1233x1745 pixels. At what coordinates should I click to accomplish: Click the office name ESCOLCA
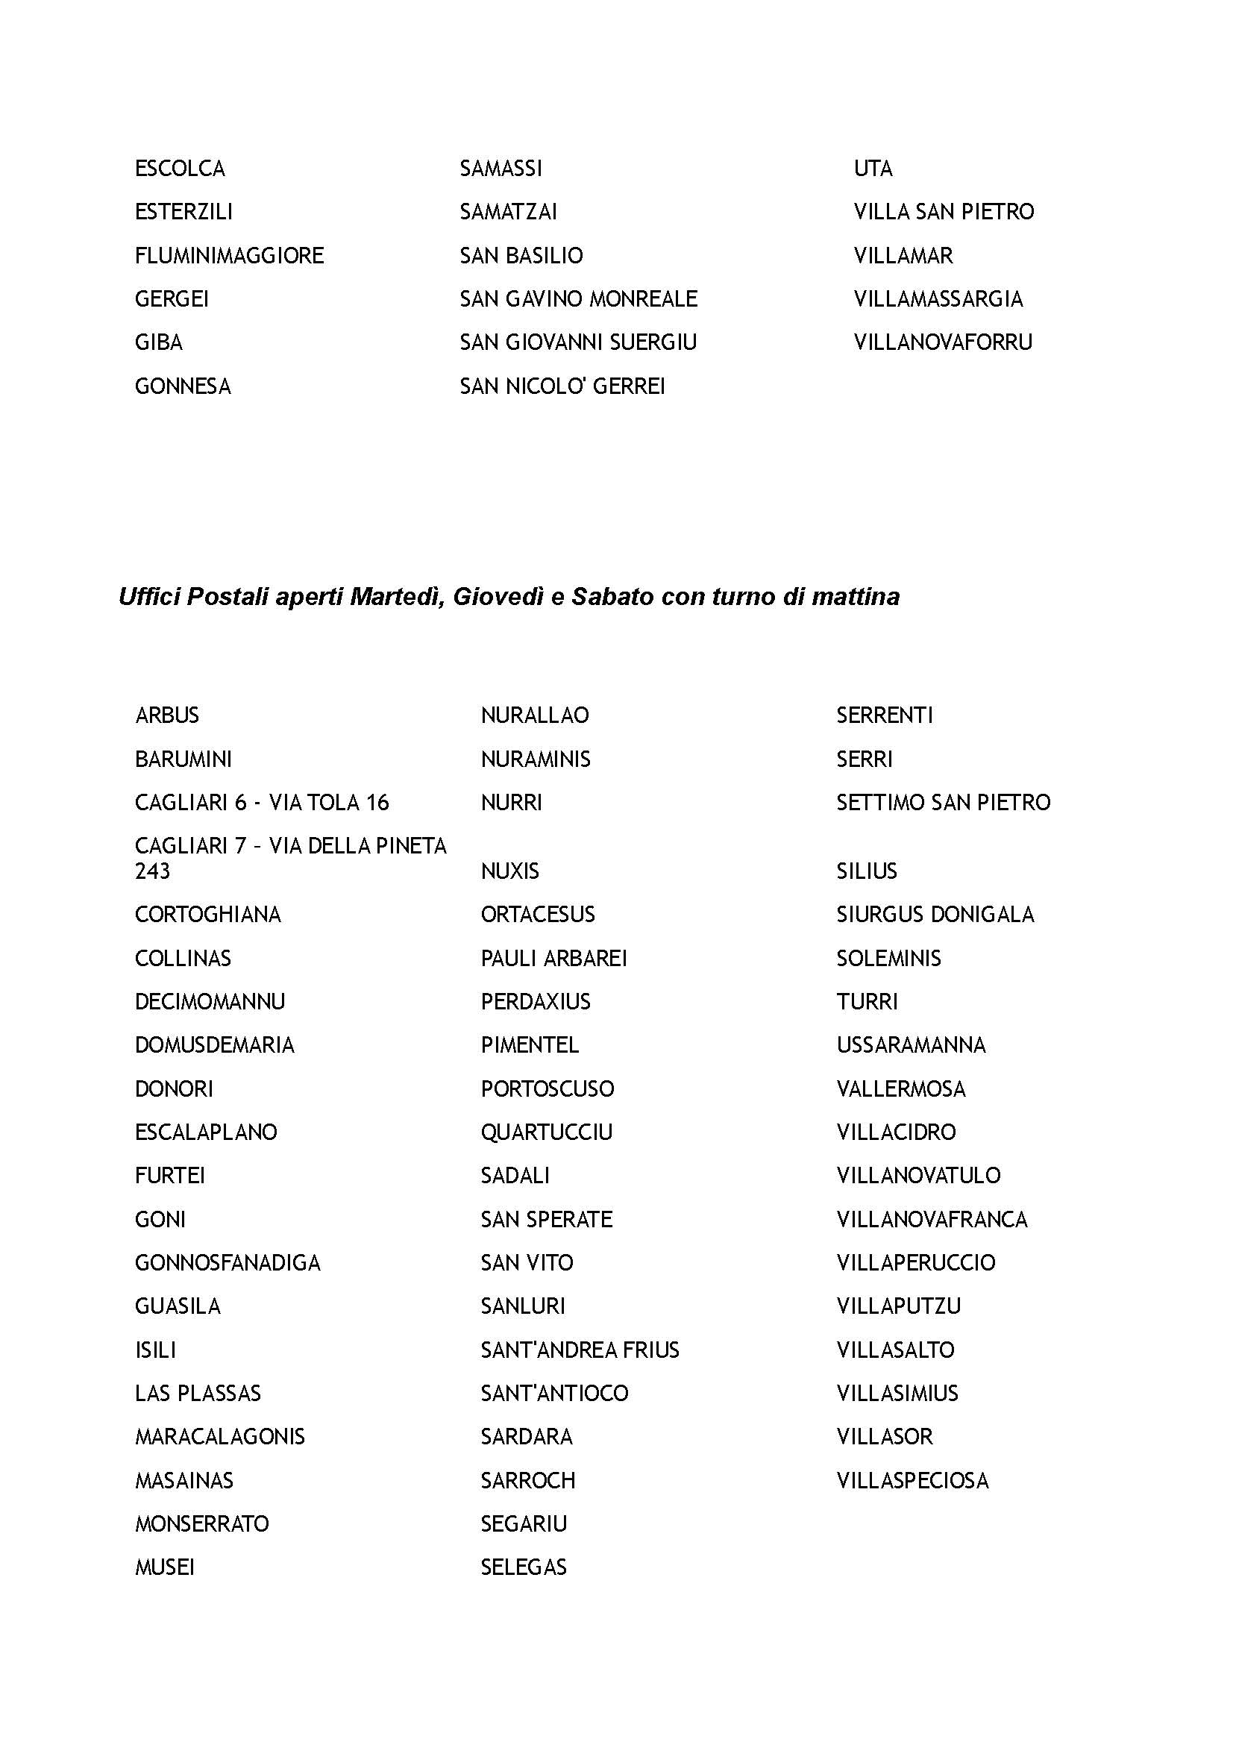[x=180, y=168]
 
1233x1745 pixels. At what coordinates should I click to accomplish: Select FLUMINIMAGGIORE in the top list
[x=230, y=255]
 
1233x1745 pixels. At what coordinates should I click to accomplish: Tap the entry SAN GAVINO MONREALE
[x=578, y=298]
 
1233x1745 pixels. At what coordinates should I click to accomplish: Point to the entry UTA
[x=873, y=168]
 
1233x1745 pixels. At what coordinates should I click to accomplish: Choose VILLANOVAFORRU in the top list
[x=943, y=342]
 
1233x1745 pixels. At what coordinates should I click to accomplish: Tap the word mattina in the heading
[x=856, y=598]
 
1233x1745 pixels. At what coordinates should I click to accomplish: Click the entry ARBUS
[x=167, y=715]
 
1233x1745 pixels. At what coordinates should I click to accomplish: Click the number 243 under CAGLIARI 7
[x=153, y=871]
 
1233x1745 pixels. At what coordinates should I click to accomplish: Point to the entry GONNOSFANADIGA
[x=228, y=1263]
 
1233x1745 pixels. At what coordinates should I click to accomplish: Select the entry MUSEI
[x=165, y=1567]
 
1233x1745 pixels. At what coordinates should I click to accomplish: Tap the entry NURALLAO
[x=535, y=715]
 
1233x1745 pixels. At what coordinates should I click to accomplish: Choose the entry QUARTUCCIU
[x=546, y=1132]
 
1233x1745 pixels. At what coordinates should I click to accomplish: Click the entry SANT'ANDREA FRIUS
[x=580, y=1350]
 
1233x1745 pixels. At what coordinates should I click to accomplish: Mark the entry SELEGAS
[x=524, y=1567]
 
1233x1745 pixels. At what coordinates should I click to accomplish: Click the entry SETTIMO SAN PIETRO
[x=943, y=803]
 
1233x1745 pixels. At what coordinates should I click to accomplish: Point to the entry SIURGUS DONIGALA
[x=935, y=915]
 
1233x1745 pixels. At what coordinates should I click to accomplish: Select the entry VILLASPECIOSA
[x=912, y=1480]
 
